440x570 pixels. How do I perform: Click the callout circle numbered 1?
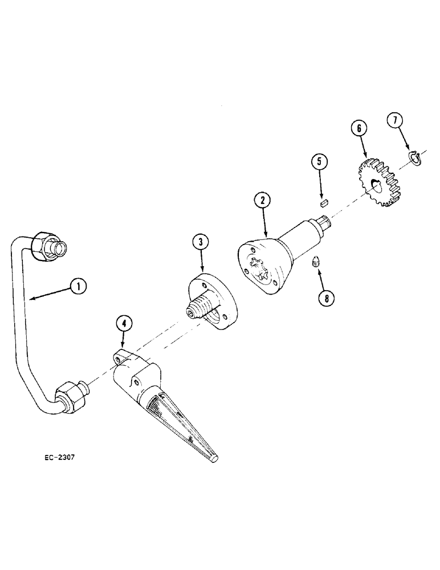[79, 287]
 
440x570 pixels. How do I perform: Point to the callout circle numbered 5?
[319, 162]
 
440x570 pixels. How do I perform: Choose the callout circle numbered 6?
[359, 128]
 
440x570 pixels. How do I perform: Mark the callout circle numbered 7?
[395, 121]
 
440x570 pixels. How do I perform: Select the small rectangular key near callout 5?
[324, 201]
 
